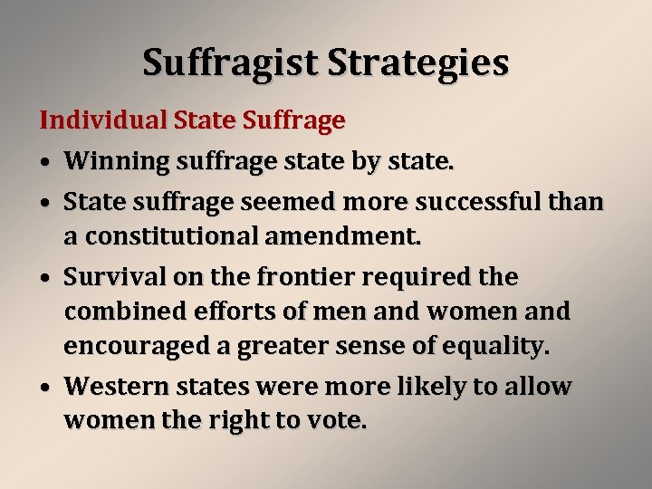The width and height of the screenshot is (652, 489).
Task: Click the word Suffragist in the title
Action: pyautogui.click(x=230, y=63)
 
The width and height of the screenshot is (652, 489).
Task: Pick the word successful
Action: pyautogui.click(x=474, y=201)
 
